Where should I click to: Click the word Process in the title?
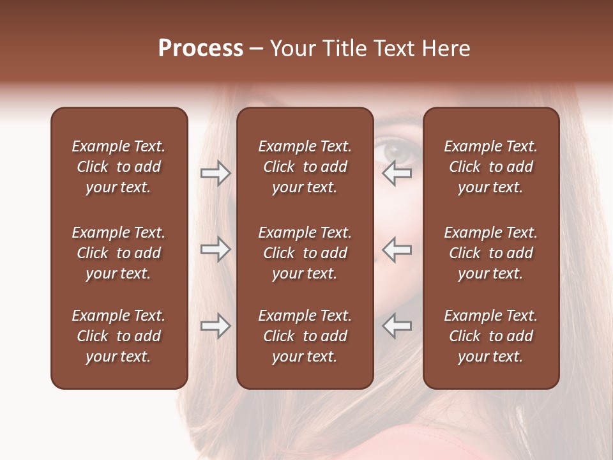point(201,49)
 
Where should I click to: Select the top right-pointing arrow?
point(215,173)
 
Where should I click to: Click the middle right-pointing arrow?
point(215,249)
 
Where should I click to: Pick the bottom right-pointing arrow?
point(215,326)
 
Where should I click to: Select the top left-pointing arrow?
point(397,173)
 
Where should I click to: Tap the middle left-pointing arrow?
point(397,249)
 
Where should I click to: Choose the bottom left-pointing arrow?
point(397,326)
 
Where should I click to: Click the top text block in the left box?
point(119,167)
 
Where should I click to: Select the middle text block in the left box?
point(119,253)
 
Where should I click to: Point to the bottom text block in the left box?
point(119,336)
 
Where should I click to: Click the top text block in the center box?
point(305,167)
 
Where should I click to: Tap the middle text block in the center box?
point(305,253)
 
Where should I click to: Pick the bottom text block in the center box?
point(305,336)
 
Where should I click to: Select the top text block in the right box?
point(490,167)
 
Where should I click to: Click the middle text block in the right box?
point(490,253)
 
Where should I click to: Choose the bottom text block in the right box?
point(490,336)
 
